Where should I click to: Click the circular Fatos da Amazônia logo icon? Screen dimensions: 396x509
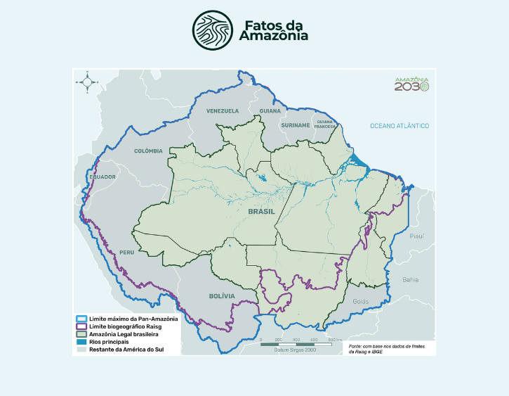[x=213, y=30]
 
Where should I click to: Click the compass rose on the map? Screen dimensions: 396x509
[x=88, y=82]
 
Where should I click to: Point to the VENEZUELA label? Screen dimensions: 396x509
[x=223, y=111]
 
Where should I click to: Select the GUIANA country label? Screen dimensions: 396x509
[x=270, y=111]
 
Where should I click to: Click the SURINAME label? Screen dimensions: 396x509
[x=295, y=125]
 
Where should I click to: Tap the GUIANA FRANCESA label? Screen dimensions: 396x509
[x=324, y=123]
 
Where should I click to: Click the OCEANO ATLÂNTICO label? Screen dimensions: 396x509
[x=399, y=126]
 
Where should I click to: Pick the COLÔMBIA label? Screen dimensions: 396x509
[x=148, y=151]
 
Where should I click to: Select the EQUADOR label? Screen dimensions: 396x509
[x=102, y=177]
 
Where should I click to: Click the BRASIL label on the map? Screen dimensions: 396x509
[x=261, y=211]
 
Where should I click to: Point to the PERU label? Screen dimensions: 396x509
[x=126, y=252]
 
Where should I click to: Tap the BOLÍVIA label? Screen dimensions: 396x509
[x=222, y=296]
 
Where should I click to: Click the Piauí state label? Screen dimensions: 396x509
[x=418, y=237]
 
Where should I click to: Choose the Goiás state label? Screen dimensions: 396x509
[x=360, y=301]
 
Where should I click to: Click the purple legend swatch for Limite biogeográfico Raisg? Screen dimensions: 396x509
[x=81, y=326]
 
